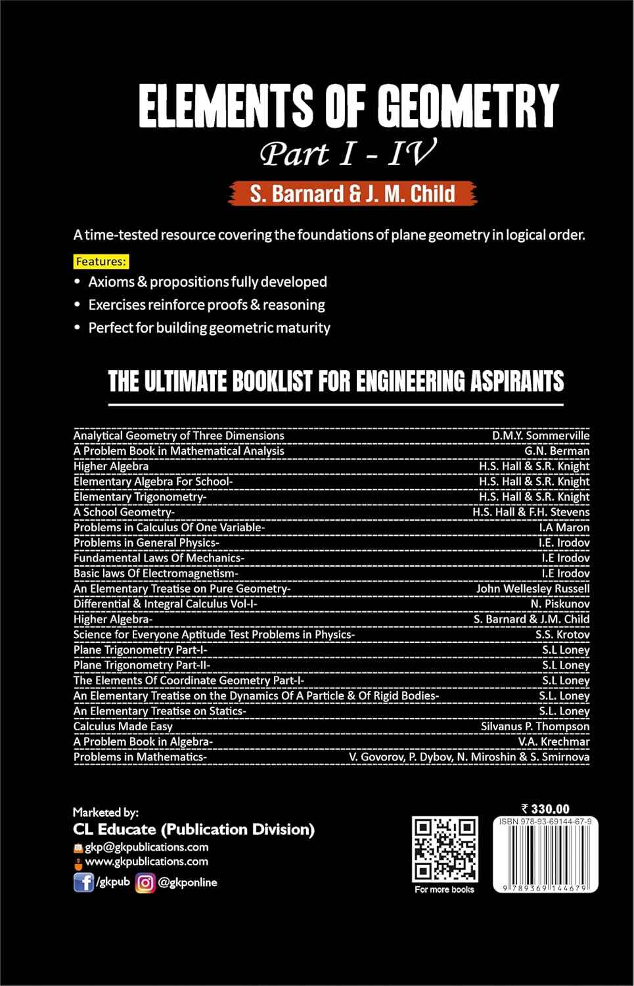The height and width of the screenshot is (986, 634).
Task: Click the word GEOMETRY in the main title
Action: (x=467, y=106)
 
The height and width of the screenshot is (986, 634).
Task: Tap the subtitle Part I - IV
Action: (x=348, y=154)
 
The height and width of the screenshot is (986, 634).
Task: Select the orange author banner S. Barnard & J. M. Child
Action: (x=352, y=194)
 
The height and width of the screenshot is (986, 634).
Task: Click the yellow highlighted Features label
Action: (x=101, y=262)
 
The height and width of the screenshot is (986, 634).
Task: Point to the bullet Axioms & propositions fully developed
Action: (x=208, y=282)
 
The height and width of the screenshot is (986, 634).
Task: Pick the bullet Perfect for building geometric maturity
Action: (x=209, y=328)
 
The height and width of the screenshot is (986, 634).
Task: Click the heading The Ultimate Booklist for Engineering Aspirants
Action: (x=336, y=382)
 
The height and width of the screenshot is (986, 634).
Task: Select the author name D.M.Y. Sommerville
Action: (x=541, y=435)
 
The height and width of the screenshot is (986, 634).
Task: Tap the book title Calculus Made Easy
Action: (x=123, y=726)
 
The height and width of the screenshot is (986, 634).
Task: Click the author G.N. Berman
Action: (x=556, y=451)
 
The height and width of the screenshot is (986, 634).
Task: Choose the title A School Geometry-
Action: (x=124, y=512)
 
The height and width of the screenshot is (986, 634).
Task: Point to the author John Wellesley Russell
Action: (x=533, y=588)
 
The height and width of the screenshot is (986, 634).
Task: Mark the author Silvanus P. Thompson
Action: (x=535, y=726)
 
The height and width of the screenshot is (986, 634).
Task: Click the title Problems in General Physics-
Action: (x=147, y=542)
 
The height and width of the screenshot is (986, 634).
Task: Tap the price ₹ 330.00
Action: (x=545, y=809)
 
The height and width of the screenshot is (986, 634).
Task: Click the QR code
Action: (x=444, y=849)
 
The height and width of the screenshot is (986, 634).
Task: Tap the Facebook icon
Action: (x=83, y=882)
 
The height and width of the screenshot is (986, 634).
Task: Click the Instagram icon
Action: (x=145, y=883)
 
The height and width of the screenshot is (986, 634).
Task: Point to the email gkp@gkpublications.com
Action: (x=147, y=847)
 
